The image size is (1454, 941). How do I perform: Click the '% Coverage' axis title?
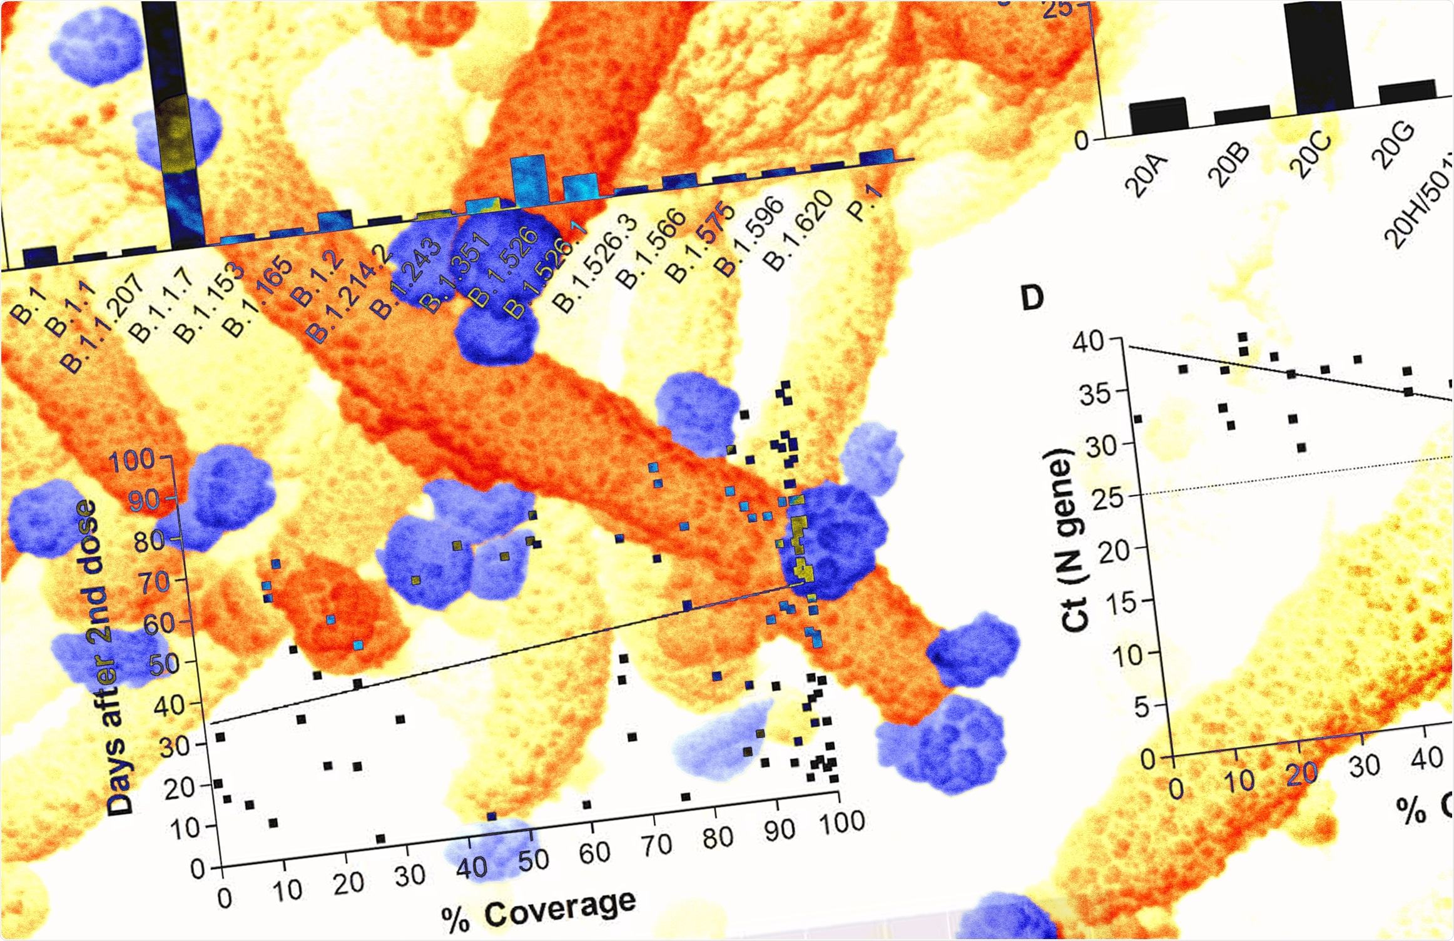(539, 912)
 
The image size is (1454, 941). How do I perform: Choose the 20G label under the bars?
(1392, 146)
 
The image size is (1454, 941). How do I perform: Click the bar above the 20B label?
(1242, 114)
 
